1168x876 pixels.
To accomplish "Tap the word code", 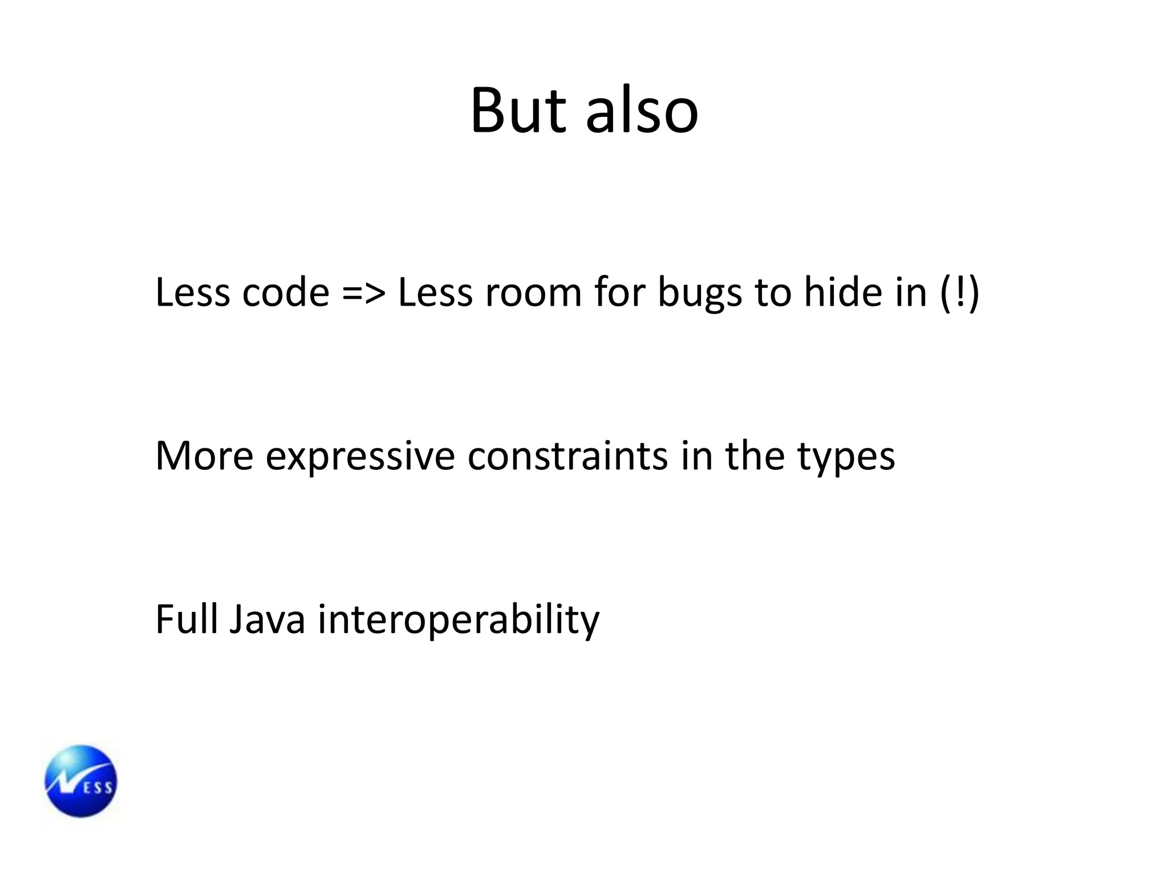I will [x=286, y=293].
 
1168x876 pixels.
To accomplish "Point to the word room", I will [x=533, y=293].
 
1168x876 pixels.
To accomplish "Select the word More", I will [x=204, y=456].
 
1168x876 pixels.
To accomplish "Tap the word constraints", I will [x=567, y=456].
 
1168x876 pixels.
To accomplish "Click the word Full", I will [x=186, y=619].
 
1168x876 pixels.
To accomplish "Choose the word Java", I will [x=267, y=619].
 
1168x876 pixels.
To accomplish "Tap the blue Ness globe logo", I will [x=81, y=781].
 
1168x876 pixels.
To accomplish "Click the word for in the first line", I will [x=619, y=291].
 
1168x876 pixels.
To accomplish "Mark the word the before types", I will [x=755, y=456].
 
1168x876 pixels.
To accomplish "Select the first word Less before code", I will [x=193, y=293].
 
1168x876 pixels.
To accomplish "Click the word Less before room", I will [x=435, y=293].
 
